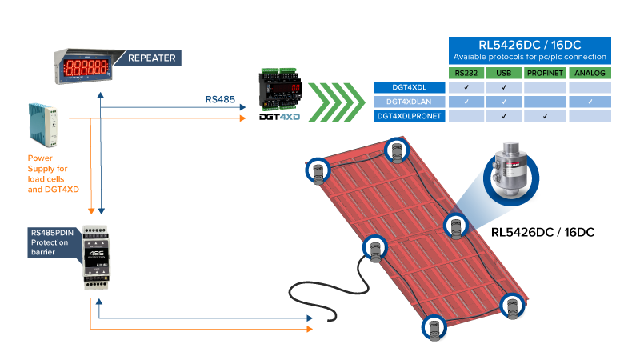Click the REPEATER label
(151, 58)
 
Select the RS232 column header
(466, 74)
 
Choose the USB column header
(504, 74)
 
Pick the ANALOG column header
(590, 74)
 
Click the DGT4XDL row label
(410, 87)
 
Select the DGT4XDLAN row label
(410, 102)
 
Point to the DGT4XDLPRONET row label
(410, 116)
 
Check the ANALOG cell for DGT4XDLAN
(590, 102)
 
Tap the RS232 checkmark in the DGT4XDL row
(466, 87)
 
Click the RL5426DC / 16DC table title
(530, 45)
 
